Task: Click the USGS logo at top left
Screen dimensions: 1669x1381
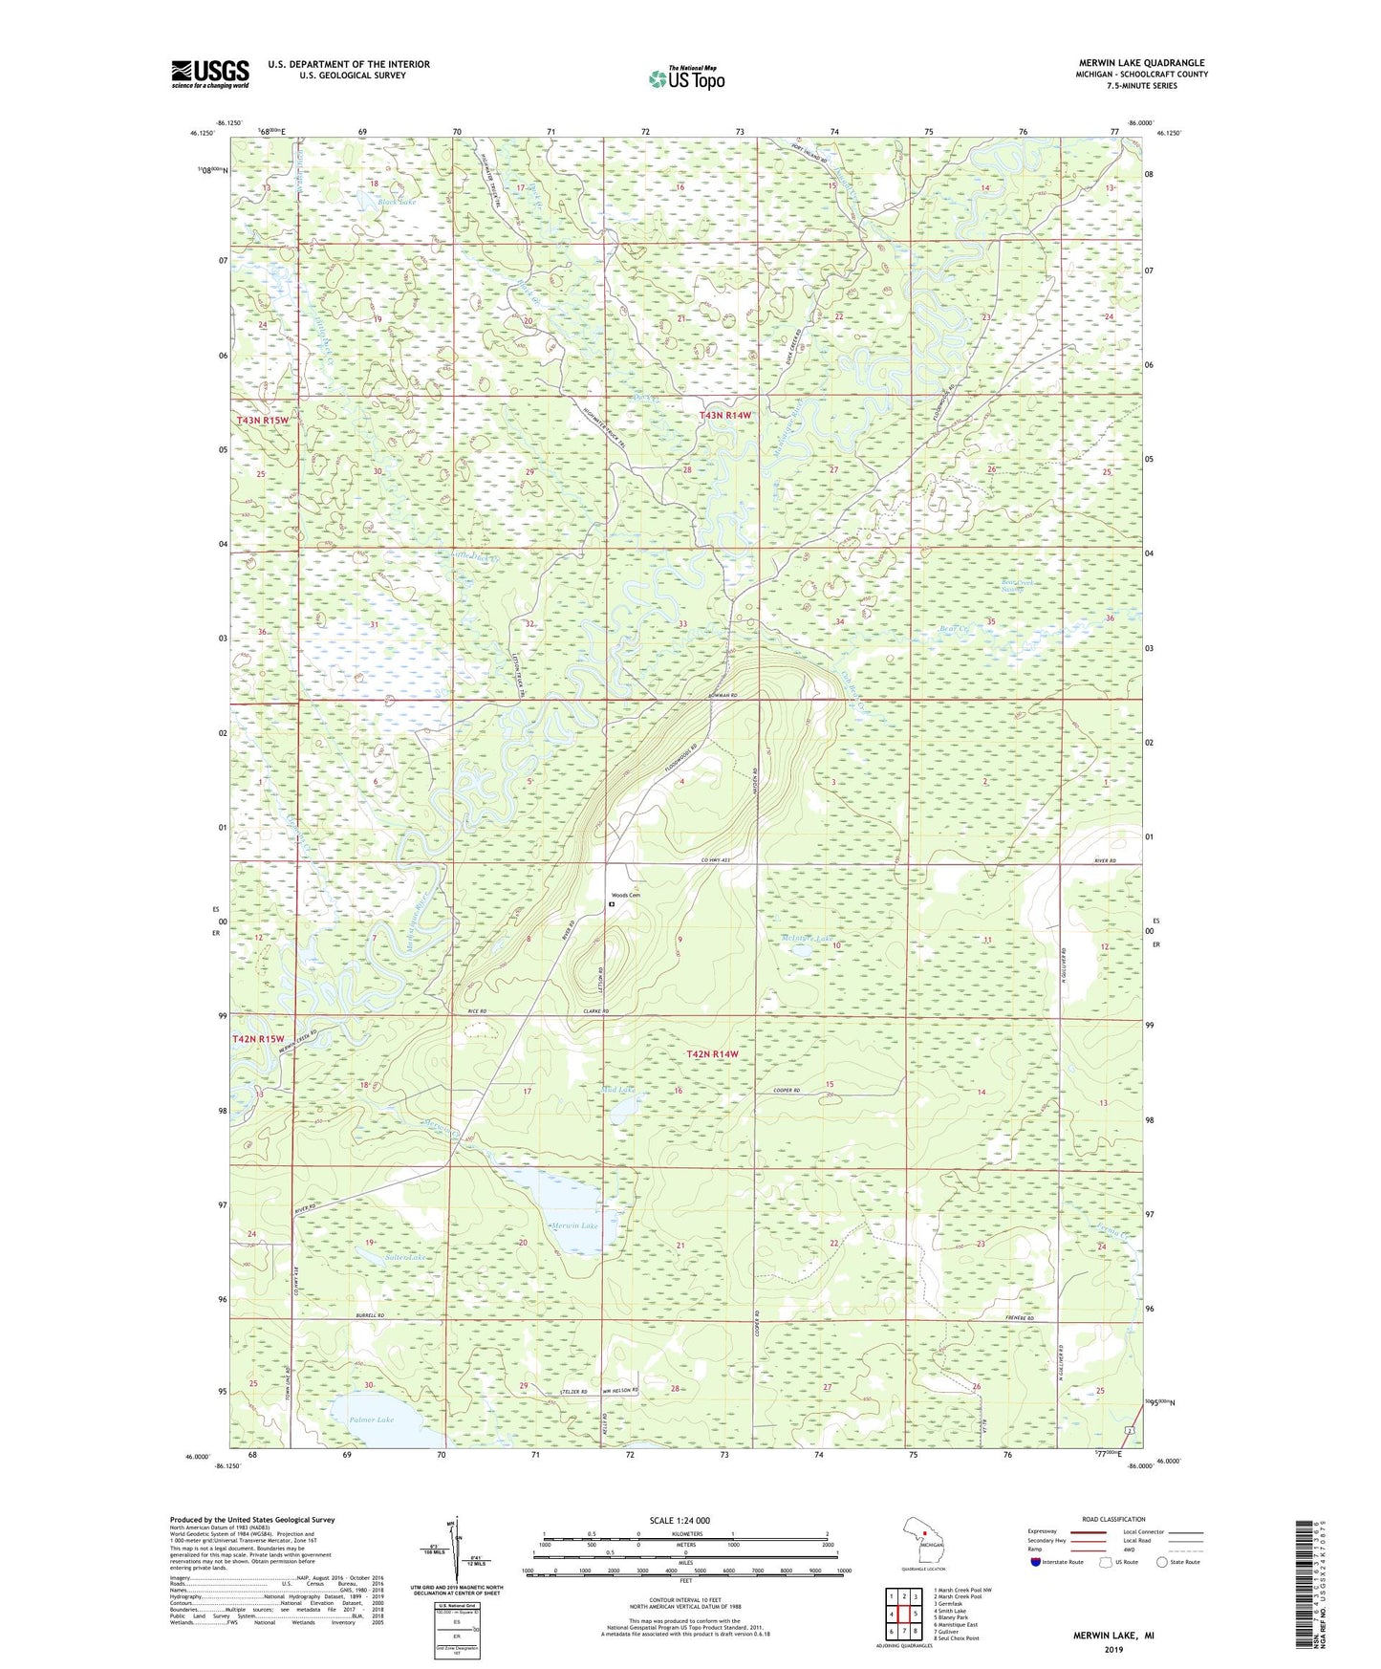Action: (x=210, y=74)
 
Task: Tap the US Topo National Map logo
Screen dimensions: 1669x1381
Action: (x=685, y=78)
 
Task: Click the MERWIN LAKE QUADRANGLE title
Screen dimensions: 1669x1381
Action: (x=1141, y=63)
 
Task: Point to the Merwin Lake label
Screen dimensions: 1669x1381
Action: (x=574, y=1225)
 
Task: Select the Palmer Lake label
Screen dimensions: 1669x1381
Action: (x=371, y=1420)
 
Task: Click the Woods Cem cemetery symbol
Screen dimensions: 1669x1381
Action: (x=612, y=903)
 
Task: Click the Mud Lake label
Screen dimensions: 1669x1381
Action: (x=618, y=1090)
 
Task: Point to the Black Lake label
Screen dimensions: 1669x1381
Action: (x=397, y=202)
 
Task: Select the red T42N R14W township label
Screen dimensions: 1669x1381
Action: (x=713, y=1053)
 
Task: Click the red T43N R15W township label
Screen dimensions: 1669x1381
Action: (x=262, y=421)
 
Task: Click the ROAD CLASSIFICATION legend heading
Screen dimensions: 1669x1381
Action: (x=1114, y=1519)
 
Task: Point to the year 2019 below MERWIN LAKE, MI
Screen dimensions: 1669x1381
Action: (x=1112, y=1649)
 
